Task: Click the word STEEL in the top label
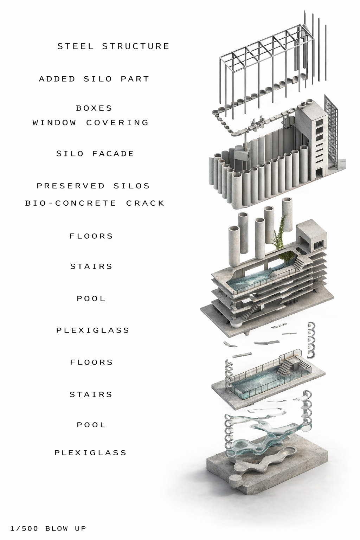coord(76,46)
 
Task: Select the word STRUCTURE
coord(136,46)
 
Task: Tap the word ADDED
coord(57,79)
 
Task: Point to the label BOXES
coord(94,108)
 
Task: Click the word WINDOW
coord(54,122)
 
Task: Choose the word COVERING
coord(117,122)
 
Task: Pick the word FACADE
coord(113,154)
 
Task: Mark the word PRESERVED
coord(71,186)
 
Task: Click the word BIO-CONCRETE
coord(71,203)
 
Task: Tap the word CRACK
coord(145,203)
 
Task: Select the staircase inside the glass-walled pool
coord(287,366)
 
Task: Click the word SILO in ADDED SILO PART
coord(98,79)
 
